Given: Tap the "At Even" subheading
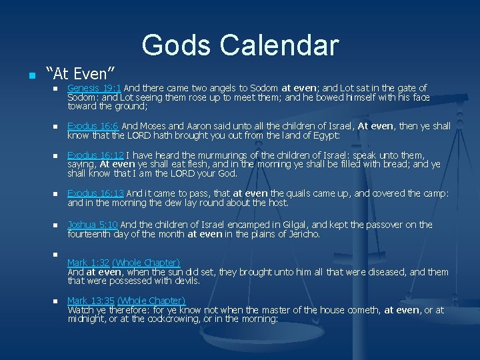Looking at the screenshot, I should click(80, 71).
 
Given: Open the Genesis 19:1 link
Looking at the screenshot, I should click(94, 88).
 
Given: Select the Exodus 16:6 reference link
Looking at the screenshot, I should click(93, 126).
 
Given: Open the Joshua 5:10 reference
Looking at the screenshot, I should click(93, 225).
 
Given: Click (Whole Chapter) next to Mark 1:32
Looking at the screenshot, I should click(146, 263).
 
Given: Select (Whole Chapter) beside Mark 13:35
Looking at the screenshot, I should click(151, 301).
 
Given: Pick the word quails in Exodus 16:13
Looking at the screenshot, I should click(302, 194).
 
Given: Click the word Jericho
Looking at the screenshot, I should click(302, 234).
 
